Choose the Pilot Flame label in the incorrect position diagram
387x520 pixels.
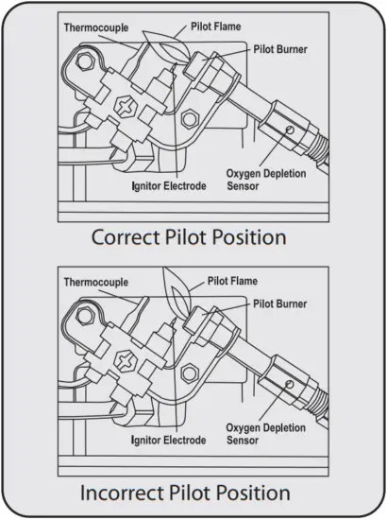coord(230,281)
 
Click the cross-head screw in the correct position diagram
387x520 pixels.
coord(125,101)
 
